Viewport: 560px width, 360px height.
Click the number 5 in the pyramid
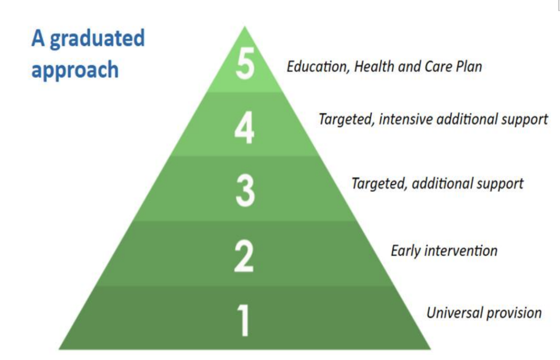(x=245, y=64)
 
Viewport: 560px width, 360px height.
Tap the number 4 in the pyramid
(x=244, y=128)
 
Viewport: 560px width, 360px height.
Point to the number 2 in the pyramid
(x=244, y=256)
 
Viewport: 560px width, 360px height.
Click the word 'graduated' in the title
(x=97, y=39)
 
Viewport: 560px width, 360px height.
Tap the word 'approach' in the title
(x=75, y=71)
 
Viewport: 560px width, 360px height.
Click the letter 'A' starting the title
(x=38, y=38)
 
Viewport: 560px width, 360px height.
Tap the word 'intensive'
(x=406, y=119)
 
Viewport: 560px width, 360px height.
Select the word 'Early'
(x=406, y=251)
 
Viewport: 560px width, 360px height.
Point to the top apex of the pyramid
(x=245, y=26)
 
